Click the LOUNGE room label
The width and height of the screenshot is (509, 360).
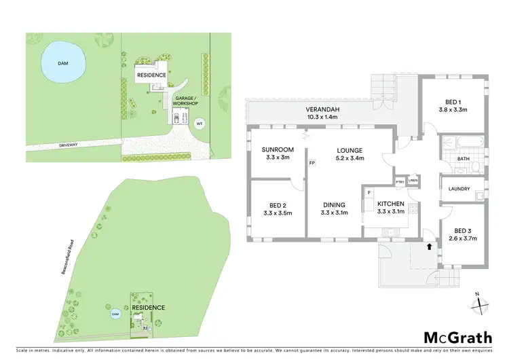[350, 150]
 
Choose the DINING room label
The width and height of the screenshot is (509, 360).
[334, 205]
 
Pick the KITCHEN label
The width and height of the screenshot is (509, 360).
[391, 204]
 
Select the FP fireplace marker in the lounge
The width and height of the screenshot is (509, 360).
[312, 164]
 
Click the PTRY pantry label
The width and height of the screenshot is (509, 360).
[400, 181]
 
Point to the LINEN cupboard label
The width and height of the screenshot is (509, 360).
[413, 181]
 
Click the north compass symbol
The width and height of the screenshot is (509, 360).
[480, 304]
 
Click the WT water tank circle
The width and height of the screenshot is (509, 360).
[199, 124]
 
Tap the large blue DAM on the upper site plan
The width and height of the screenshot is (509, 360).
[63, 63]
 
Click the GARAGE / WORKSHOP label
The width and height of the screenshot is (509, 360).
[186, 101]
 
